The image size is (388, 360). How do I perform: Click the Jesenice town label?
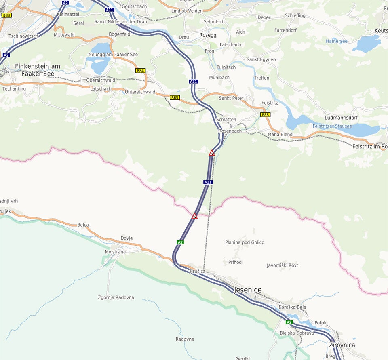tap(247, 290)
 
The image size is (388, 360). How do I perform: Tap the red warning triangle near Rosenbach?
tap(211, 153)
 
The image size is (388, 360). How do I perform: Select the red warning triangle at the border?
tap(194, 216)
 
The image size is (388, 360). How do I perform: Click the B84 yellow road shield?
tap(140, 71)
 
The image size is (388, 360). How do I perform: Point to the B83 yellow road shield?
tap(6, 15)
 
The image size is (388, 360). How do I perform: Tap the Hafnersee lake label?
tap(337, 41)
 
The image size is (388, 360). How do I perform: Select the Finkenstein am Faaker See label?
tap(37, 69)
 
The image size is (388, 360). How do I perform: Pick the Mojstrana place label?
tap(115, 252)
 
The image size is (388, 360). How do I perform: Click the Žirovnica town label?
tap(342, 345)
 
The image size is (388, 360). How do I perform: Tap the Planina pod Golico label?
tap(245, 242)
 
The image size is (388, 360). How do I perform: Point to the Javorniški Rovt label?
tap(283, 265)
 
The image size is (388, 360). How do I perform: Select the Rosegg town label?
tap(208, 35)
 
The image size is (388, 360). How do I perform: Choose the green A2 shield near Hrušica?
tap(180, 242)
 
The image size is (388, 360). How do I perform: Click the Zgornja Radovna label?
tap(116, 298)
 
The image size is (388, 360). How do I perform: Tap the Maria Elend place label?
tap(280, 135)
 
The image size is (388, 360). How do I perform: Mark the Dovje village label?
tap(127, 238)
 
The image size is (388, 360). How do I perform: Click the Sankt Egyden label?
tap(261, 60)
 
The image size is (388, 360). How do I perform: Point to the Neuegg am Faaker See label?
tap(113, 55)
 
